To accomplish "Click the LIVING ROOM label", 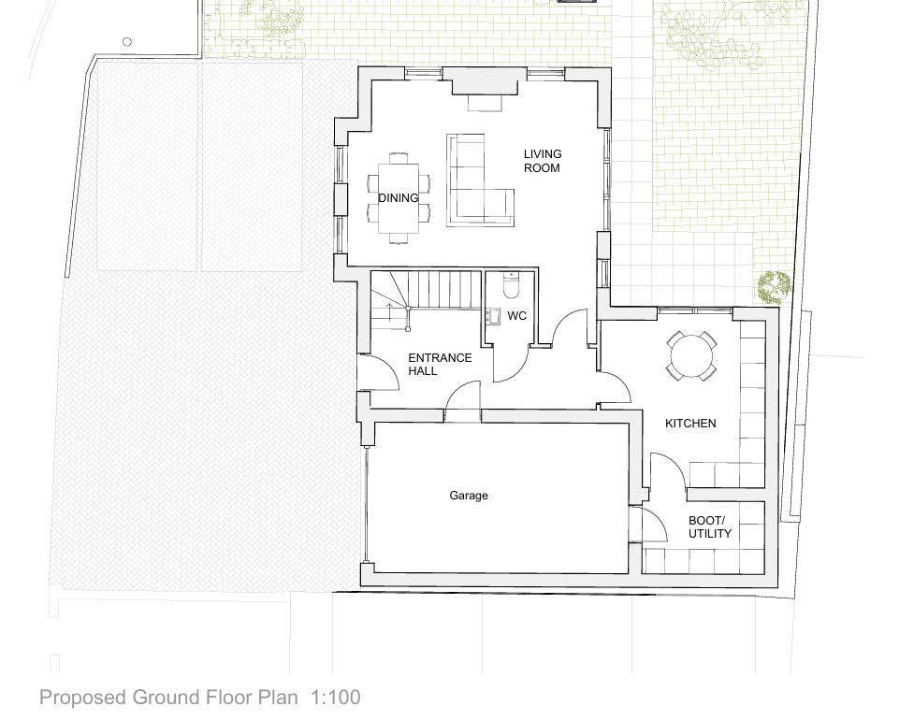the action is pyautogui.click(x=542, y=161).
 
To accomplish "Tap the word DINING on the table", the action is pyautogui.click(x=399, y=198).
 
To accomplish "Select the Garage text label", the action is pyautogui.click(x=469, y=496).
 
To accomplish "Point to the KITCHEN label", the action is pyautogui.click(x=690, y=424).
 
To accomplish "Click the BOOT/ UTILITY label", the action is pyautogui.click(x=709, y=526).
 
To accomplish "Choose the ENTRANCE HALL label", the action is pyautogui.click(x=440, y=364).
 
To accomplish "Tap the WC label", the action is pyautogui.click(x=517, y=316).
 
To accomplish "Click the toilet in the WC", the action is pyautogui.click(x=511, y=285).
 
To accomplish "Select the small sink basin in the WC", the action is pyautogui.click(x=493, y=316).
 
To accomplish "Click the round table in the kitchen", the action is pyautogui.click(x=691, y=356).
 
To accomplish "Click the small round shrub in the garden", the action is pyautogui.click(x=775, y=287).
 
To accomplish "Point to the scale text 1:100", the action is pyautogui.click(x=336, y=698).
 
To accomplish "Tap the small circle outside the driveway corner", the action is pyautogui.click(x=127, y=41).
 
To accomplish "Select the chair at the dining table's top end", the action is pyautogui.click(x=399, y=157).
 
